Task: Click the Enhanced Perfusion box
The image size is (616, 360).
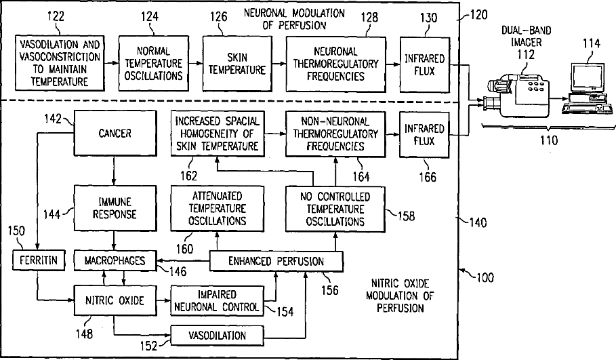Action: coord(276,260)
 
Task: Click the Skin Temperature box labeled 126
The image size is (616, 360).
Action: coord(237,63)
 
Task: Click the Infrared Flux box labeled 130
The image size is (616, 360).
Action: coord(425,63)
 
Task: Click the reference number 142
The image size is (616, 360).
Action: coord(52,117)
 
